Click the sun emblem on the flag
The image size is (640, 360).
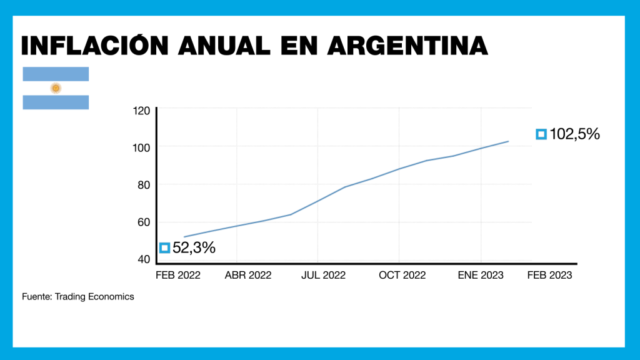56,88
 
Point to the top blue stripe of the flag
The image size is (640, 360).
56,74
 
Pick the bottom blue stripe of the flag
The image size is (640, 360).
56,102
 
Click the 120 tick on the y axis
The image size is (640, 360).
142,111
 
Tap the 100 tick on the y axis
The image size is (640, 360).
142,147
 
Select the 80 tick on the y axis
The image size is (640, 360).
143,185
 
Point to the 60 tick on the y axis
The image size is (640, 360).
143,222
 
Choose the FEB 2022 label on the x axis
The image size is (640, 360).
178,275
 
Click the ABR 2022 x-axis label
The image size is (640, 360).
248,275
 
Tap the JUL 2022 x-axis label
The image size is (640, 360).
323,275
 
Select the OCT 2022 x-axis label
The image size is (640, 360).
402,275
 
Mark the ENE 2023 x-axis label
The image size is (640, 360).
481,275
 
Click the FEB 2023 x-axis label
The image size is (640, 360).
549,275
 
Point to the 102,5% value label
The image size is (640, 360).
574,134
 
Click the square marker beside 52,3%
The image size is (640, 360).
165,248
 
